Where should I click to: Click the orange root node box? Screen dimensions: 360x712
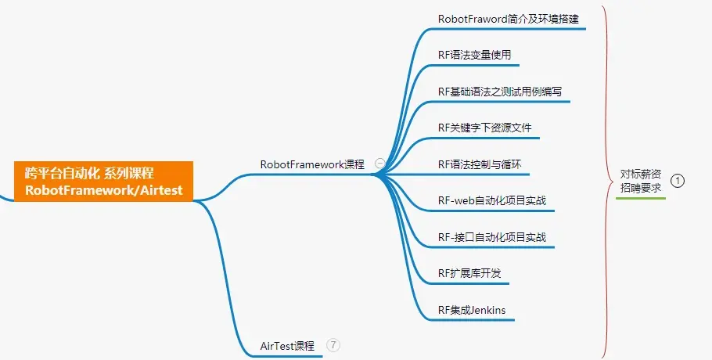coord(103,181)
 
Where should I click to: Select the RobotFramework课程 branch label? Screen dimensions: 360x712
coord(312,164)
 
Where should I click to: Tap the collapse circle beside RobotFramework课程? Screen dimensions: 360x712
coord(380,164)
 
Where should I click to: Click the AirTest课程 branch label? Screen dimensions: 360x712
coord(286,345)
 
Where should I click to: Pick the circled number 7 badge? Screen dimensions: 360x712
coord(333,344)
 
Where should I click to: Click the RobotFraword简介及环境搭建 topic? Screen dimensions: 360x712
coord(508,19)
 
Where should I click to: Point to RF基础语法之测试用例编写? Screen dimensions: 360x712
coord(499,92)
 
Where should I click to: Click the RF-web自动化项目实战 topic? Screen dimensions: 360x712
coord(491,200)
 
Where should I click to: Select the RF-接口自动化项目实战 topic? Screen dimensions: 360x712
coord(491,237)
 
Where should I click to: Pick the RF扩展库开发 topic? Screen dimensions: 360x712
coord(469,273)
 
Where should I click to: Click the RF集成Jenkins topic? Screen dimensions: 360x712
coord(472,310)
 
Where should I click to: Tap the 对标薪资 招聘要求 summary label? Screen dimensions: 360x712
coord(641,181)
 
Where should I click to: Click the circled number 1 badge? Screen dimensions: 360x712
coord(678,181)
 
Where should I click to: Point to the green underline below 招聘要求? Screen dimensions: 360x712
coord(641,199)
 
